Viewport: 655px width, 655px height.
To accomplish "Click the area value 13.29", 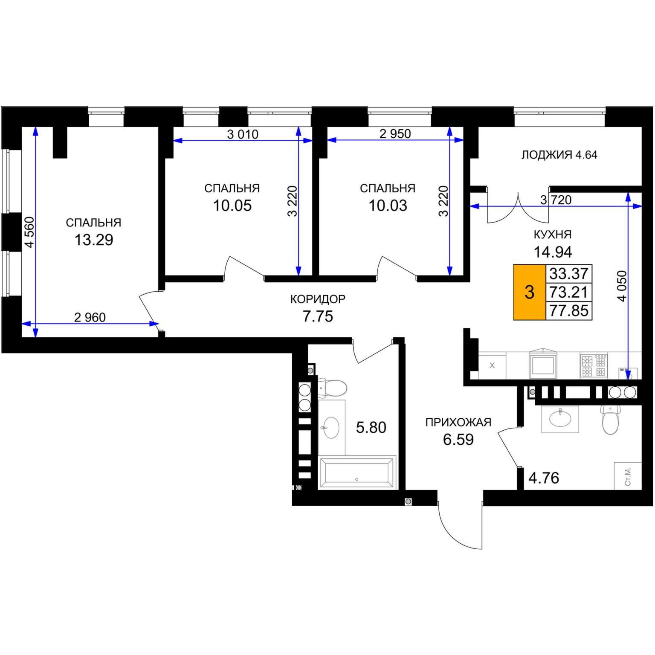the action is point(94,240).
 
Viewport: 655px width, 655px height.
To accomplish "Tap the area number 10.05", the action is point(232,206).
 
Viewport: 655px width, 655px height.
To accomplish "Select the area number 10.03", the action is point(388,206).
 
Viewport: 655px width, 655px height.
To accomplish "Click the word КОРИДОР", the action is point(318,299).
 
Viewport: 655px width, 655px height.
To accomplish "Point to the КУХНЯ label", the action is point(553,235).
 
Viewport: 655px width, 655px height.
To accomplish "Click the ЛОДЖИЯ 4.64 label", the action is point(559,155).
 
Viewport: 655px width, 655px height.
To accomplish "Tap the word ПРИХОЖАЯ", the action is point(458,422).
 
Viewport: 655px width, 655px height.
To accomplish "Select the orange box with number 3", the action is point(530,292).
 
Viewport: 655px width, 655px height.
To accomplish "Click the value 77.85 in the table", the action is point(569,310).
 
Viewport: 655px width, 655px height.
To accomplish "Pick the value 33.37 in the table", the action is point(569,273).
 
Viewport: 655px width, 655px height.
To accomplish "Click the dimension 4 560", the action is point(29,232).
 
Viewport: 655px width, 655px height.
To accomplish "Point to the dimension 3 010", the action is point(243,134).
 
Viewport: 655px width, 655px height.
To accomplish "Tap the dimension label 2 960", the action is point(90,317).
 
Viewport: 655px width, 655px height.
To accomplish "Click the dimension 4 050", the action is point(622,286).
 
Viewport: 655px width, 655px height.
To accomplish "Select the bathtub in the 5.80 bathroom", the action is point(356,472).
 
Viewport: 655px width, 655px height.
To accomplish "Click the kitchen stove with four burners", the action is point(594,365).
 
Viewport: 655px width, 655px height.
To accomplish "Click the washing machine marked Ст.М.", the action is point(627,476).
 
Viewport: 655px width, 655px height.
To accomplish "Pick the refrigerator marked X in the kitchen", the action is point(492,365).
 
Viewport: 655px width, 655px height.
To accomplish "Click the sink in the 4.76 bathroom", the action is point(560,419).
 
